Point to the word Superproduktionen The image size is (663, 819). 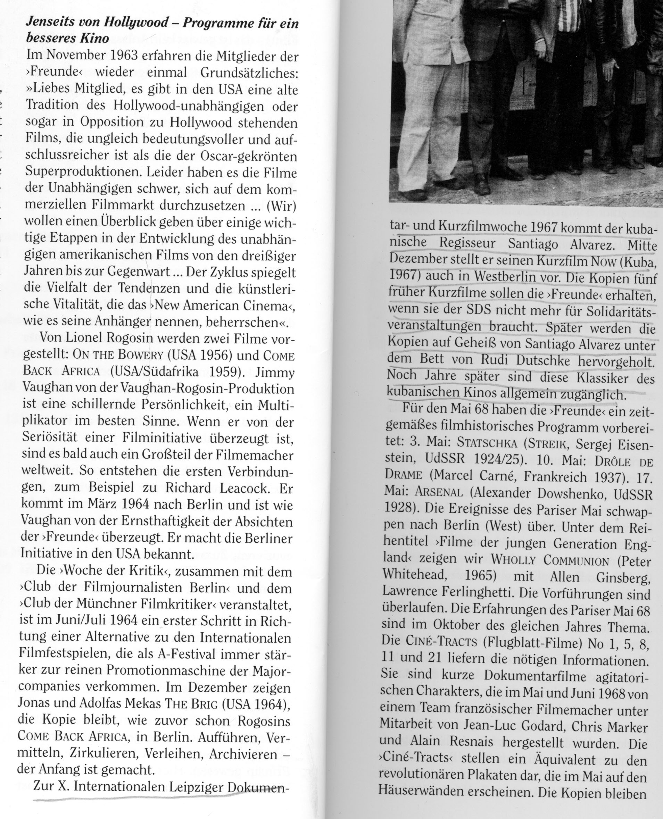click(x=83, y=173)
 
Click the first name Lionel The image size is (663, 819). click(x=88, y=339)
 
